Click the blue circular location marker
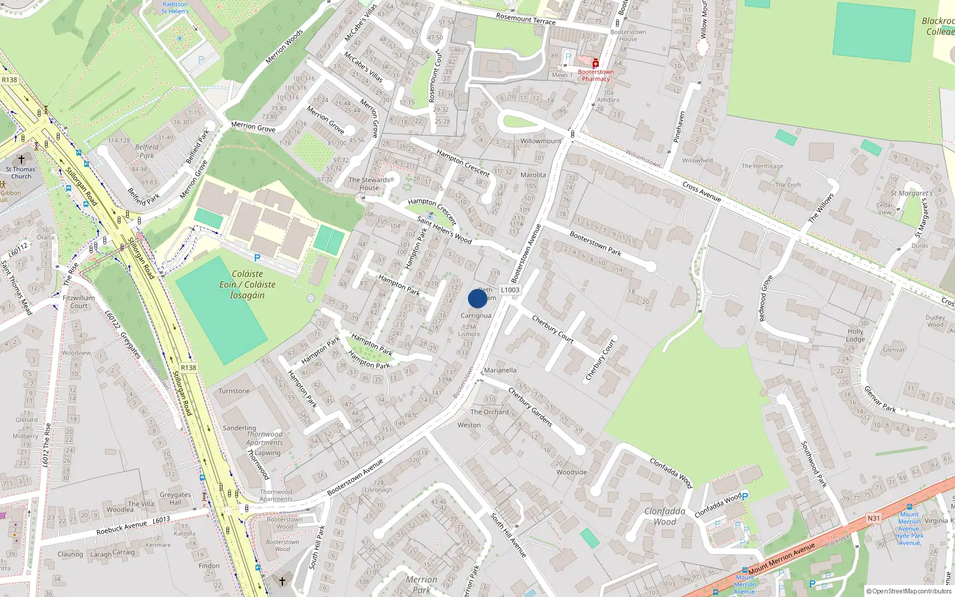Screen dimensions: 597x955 478,298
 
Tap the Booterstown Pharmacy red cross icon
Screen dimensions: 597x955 596,63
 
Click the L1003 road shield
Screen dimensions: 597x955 510,290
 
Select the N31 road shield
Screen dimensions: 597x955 874,518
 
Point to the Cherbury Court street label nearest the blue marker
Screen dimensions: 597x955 553,330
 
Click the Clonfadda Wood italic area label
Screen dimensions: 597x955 664,516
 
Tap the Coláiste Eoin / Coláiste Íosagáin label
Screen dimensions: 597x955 247,284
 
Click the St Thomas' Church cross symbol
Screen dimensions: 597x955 21,159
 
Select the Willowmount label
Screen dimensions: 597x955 541,141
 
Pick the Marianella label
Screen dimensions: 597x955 500,370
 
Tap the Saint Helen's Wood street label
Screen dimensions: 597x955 444,230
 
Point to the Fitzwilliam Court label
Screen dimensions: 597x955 79,301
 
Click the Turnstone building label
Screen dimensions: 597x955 234,391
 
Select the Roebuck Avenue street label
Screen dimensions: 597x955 122,528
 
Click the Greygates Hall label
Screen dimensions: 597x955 175,498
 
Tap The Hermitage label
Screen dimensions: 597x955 762,166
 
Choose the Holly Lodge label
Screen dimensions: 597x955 855,335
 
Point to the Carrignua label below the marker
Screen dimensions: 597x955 476,316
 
